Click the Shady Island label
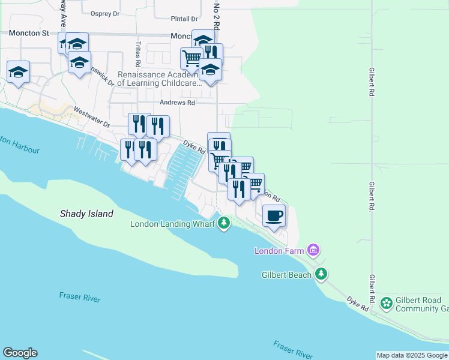pyautogui.click(x=86, y=214)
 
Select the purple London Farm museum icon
pyautogui.click(x=312, y=250)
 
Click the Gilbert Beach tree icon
pyautogui.click(x=322, y=274)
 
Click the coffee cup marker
pyautogui.click(x=274, y=215)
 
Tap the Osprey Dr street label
pyautogui.click(x=105, y=13)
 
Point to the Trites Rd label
pyautogui.click(x=138, y=55)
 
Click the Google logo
pyautogui.click(x=20, y=353)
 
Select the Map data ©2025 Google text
pyautogui.click(x=412, y=355)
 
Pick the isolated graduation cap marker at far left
pyautogui.click(x=19, y=72)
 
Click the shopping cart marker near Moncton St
pyautogui.click(x=191, y=58)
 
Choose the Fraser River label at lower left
pyautogui.click(x=80, y=298)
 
